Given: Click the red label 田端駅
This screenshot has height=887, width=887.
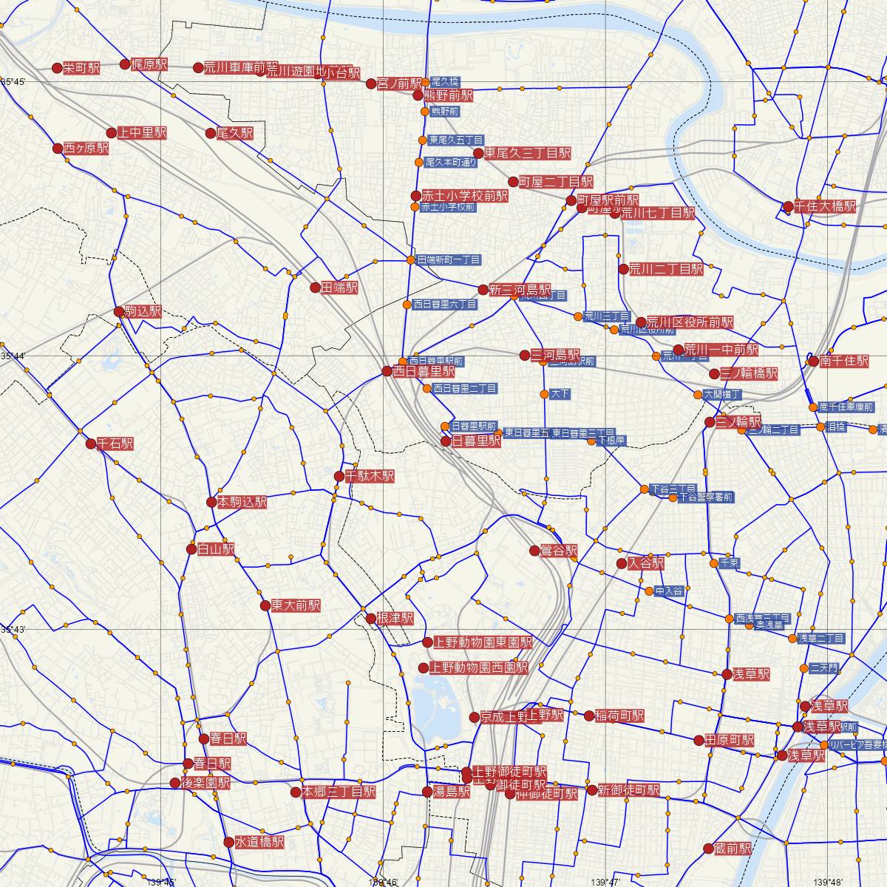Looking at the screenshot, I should coord(339,288).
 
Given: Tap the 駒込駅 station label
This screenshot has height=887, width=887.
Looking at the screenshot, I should coord(143,312).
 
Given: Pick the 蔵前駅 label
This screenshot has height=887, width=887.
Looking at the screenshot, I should coord(733,849).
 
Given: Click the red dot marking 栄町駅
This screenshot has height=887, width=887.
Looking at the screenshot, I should coord(57,68).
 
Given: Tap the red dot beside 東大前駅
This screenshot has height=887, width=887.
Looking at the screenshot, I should coord(265,605).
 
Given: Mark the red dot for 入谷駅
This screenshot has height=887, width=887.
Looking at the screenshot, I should coord(622,564).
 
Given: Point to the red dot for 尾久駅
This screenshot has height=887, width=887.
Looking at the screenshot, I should coord(211,133).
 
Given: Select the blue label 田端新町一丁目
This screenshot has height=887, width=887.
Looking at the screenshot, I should coord(449,260).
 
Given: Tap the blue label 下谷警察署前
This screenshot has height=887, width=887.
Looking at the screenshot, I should coord(705,497).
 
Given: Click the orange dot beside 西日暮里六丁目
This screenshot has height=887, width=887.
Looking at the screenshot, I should coord(407,304).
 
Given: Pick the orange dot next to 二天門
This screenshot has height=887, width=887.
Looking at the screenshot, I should coord(804,667).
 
